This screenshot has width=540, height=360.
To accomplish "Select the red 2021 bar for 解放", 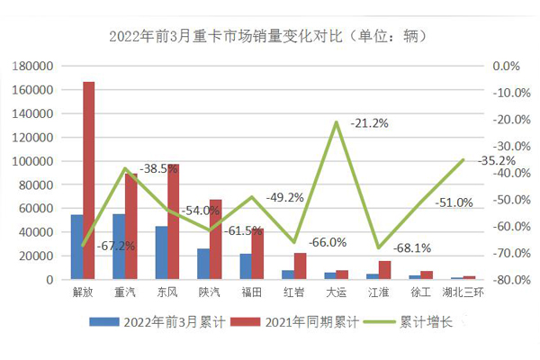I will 89,180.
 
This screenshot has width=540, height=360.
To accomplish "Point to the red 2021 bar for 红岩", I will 300,266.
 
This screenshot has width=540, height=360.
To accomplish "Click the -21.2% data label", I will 370,123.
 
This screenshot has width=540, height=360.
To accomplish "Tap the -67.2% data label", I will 117,246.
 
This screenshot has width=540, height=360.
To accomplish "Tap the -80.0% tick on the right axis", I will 506,280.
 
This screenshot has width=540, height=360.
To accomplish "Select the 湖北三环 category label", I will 463,292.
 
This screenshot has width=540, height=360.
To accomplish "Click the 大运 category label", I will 336,292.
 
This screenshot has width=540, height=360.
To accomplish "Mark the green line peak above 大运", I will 336,121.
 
